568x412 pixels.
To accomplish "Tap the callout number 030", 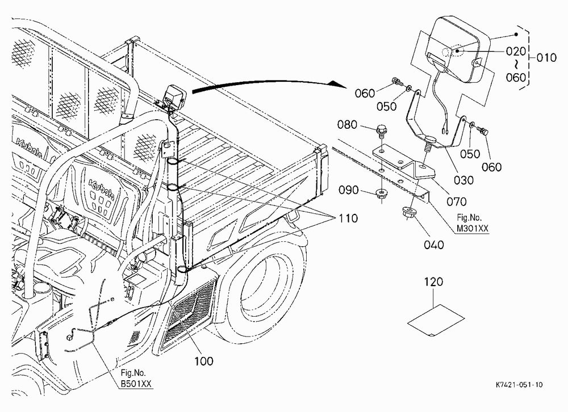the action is point(463,180).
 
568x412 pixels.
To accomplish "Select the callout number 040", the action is point(433,245).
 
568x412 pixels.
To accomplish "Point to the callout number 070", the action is point(457,201).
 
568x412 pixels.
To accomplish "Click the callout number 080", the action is point(347,124).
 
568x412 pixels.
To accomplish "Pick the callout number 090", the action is point(349,190).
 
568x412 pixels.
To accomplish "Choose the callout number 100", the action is point(204,361).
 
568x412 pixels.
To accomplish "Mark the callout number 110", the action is point(348,218).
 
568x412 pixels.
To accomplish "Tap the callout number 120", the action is point(433,281).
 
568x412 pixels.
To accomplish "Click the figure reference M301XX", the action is point(472,229).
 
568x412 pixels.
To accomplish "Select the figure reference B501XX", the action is point(136,384).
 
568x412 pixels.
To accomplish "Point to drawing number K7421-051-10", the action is point(519,385).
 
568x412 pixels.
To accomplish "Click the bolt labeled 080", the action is point(381,131).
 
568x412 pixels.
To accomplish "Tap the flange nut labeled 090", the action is point(381,193).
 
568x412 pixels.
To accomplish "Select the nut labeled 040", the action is point(408,212).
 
